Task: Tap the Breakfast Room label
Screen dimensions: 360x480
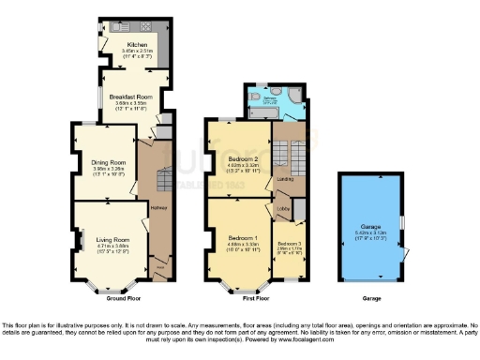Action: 129,97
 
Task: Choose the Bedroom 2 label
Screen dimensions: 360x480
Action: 242,159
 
